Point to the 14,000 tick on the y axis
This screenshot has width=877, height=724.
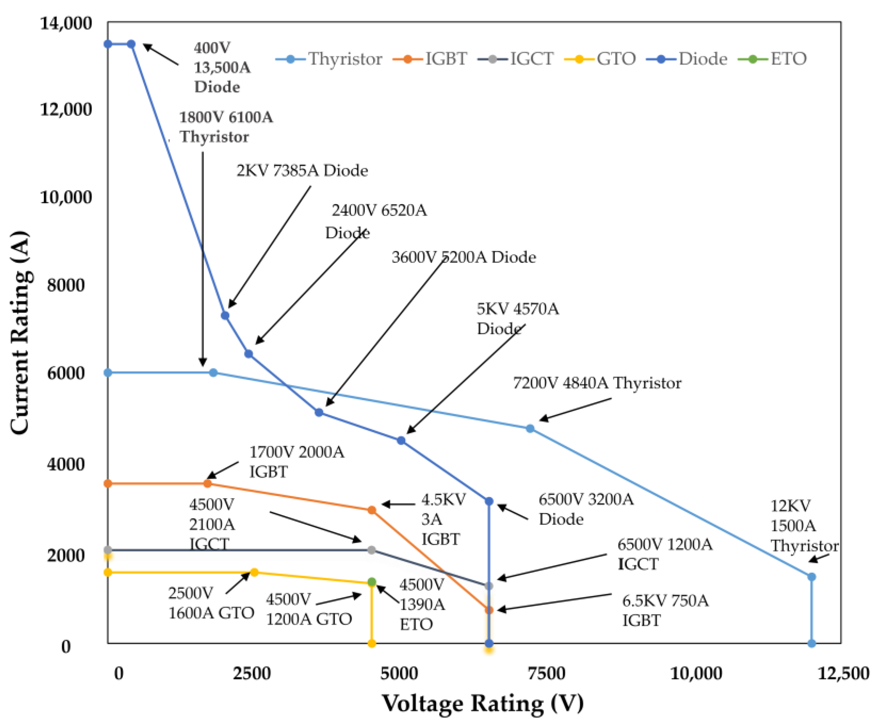[x=66, y=23]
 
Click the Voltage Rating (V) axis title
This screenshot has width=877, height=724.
[x=483, y=703]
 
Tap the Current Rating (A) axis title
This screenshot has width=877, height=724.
[x=20, y=332]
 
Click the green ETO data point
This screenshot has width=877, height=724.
[x=372, y=582]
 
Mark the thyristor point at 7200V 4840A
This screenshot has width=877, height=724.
[x=530, y=428]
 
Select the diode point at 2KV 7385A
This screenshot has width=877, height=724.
[x=225, y=315]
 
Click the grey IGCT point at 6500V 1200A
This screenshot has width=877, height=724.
[x=489, y=586]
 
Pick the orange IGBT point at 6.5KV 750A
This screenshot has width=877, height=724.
[x=489, y=610]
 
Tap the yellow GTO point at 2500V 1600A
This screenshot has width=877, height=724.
[x=254, y=572]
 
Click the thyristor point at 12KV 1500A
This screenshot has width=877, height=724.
[x=811, y=577]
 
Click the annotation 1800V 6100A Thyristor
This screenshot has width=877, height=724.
[x=226, y=127]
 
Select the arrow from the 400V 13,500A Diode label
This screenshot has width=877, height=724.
[x=161, y=55]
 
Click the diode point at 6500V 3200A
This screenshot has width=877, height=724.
[x=489, y=501]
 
